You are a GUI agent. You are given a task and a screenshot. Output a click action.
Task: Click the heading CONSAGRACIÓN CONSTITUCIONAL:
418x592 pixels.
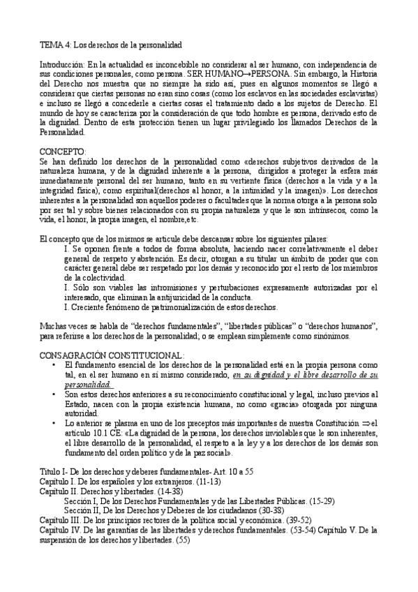(x=112, y=355)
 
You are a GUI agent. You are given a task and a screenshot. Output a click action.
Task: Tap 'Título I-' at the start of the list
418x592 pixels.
(x=55, y=471)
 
